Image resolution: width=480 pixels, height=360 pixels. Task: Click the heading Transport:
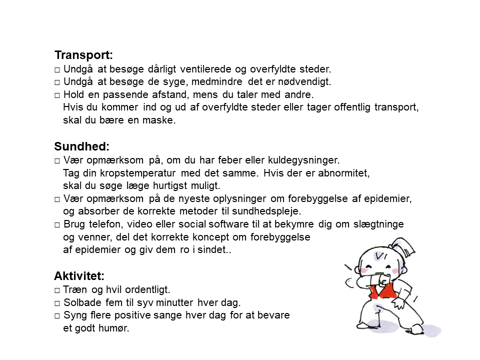coord(83,55)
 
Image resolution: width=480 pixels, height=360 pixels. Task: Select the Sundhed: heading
coord(81,147)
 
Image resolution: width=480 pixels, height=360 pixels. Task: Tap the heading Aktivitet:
coord(79,276)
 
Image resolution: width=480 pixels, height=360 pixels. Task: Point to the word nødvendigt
coord(307,81)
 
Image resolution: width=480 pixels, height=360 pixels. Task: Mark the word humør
coord(115,328)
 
